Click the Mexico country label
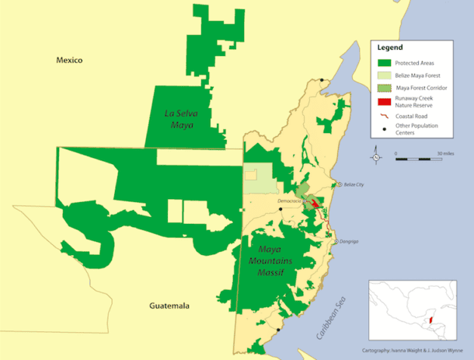click(x=68, y=61)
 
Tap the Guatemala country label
click(x=169, y=306)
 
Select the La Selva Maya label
click(x=181, y=117)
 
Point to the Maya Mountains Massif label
click(x=272, y=264)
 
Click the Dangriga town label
click(x=350, y=242)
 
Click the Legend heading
click(x=390, y=47)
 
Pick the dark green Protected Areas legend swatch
click(x=382, y=62)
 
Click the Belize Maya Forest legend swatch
click(x=382, y=75)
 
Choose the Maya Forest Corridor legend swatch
click(x=382, y=88)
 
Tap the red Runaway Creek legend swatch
click(x=382, y=101)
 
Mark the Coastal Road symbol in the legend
click(x=382, y=117)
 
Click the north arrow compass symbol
click(x=376, y=156)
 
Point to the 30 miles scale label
click(x=445, y=153)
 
